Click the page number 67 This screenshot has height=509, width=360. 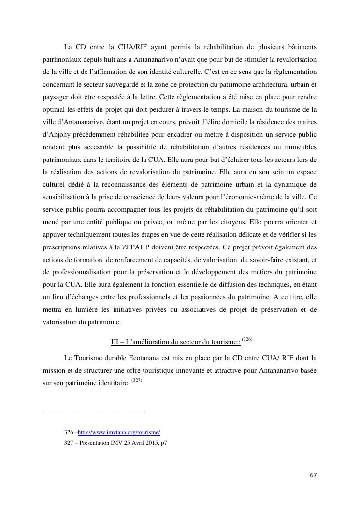pos(313,475)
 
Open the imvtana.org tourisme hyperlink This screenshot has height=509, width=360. pos(119,432)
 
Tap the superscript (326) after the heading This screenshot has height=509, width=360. pos(247,340)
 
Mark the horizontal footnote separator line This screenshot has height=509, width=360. pos(94,411)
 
